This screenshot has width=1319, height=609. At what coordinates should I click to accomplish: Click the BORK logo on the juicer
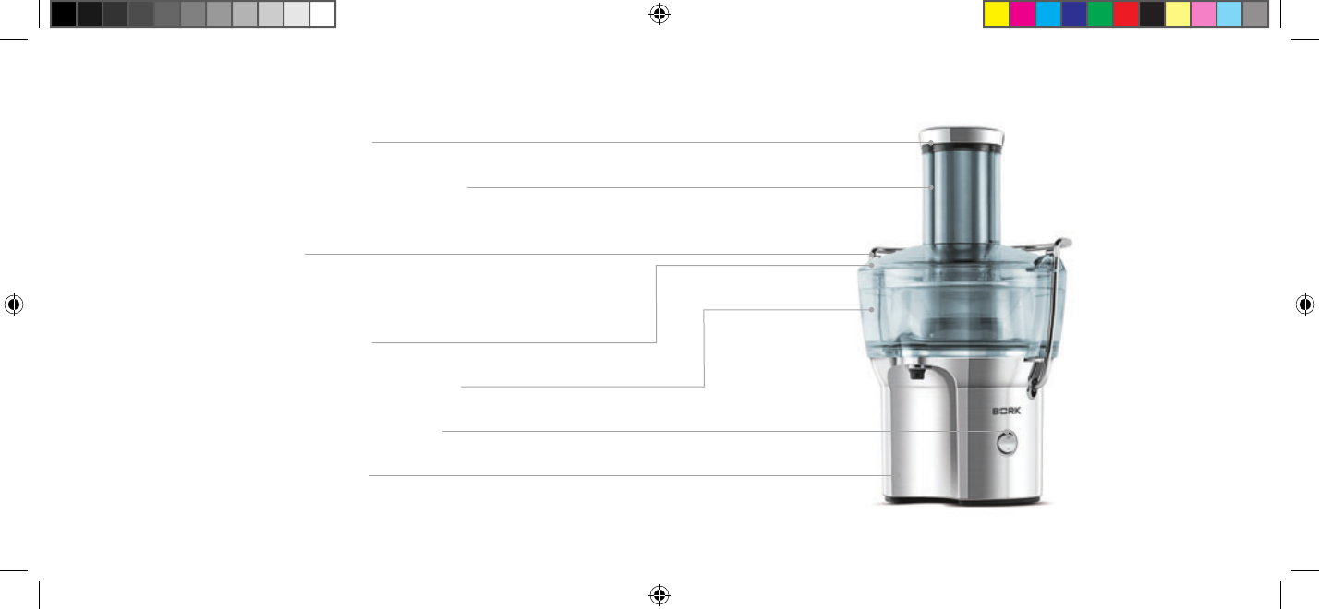point(1006,411)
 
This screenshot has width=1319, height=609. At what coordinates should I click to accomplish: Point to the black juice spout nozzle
point(915,372)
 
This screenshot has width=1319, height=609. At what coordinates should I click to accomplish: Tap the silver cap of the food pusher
point(962,136)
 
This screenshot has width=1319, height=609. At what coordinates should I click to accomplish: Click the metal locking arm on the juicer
point(1051,312)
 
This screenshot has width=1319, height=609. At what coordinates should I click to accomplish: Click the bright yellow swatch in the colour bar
point(997,14)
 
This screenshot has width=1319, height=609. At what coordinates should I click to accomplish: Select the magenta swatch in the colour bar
point(1023,14)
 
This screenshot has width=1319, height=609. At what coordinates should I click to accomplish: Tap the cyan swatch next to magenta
point(1048,14)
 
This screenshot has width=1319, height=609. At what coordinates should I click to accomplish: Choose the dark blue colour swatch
point(1074,14)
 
